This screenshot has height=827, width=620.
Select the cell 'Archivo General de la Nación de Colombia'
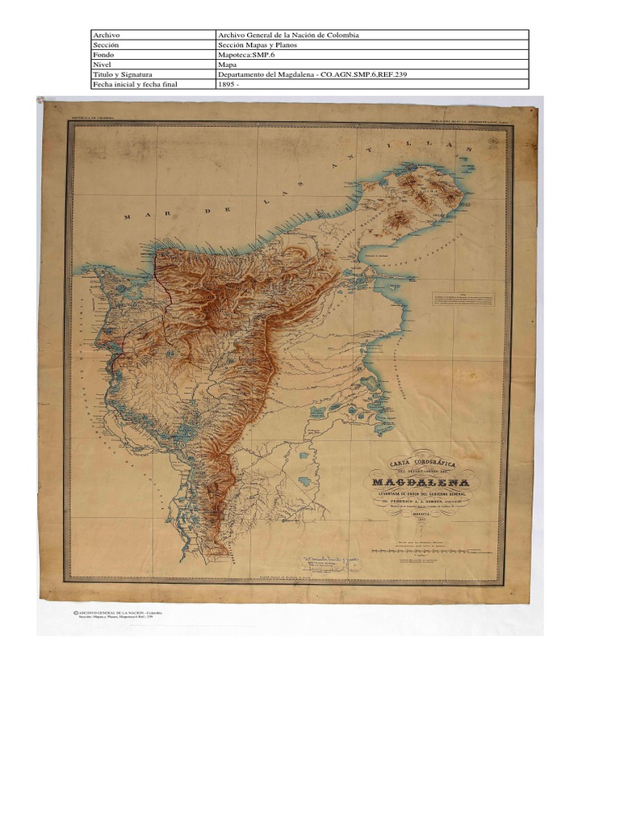click(288, 36)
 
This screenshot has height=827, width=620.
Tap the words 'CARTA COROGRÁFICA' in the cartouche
click(423, 464)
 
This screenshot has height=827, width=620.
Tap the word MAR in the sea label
click(136, 216)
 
